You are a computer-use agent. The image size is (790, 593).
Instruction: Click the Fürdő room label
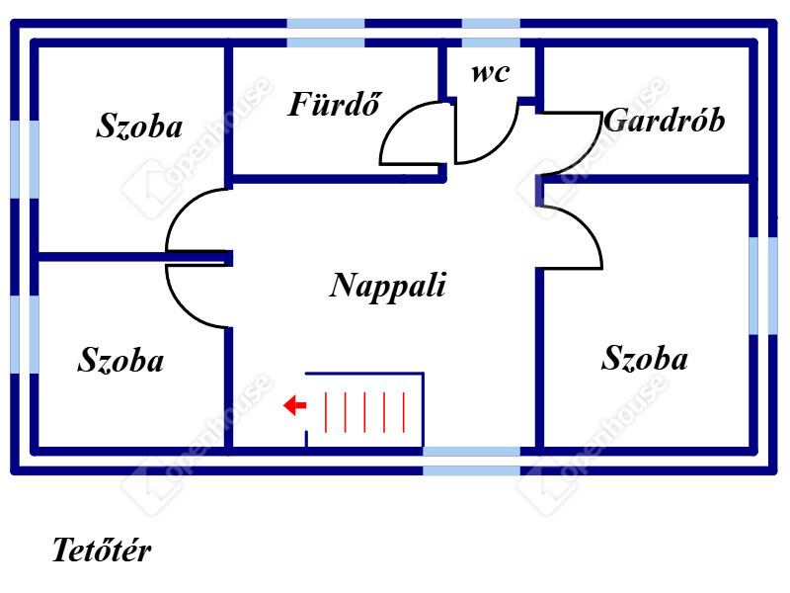pos(335,105)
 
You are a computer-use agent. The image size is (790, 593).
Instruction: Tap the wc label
pos(491,73)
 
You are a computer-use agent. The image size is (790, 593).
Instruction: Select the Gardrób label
pos(664,121)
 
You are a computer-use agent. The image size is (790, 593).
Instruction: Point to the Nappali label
pos(388,286)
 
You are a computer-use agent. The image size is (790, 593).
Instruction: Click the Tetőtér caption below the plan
pos(102,551)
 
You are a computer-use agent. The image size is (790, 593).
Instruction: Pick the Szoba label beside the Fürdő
pos(139,126)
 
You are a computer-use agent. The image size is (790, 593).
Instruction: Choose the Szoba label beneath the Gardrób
pos(644,358)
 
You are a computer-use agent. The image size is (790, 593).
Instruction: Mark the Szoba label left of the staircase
pos(120,361)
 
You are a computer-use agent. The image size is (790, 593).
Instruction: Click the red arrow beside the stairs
pos(293,405)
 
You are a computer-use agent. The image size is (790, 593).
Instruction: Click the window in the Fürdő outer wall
pos(326,32)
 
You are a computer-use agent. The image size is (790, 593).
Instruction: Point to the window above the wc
pos(491,32)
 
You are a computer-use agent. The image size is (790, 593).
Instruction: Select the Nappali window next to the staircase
pos(472,461)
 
